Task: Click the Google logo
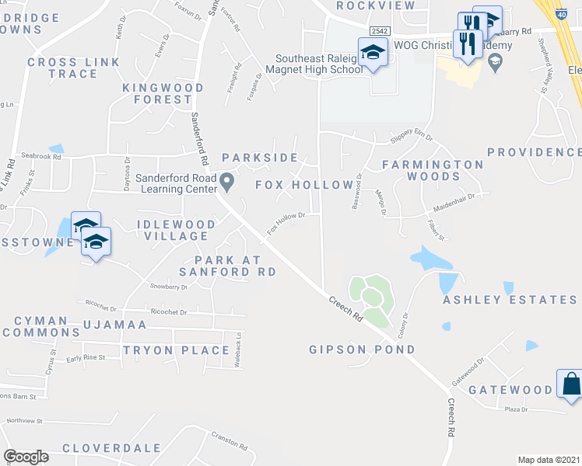click(x=26, y=457)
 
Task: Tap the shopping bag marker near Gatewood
click(x=570, y=384)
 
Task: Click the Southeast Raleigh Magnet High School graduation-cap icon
click(x=373, y=53)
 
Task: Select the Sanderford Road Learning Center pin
click(x=227, y=183)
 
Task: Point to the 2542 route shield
click(x=379, y=30)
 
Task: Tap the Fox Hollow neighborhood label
click(x=304, y=185)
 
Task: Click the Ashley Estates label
click(x=510, y=300)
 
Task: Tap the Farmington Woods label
click(x=433, y=170)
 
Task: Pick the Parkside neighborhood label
click(x=260, y=158)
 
